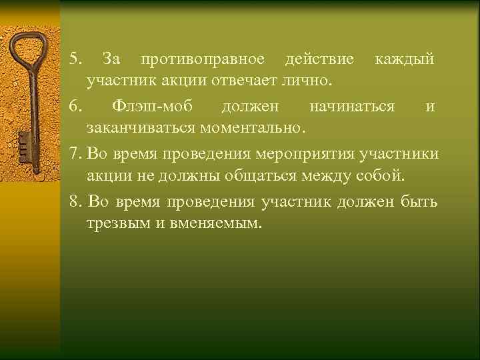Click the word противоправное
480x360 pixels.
point(203,60)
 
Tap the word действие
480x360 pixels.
point(319,60)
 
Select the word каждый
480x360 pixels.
point(405,60)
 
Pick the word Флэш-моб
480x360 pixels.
point(147,106)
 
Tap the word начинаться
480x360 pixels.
point(351,106)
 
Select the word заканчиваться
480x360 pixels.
point(137,127)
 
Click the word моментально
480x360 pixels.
point(249,127)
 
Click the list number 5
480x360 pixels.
point(74,60)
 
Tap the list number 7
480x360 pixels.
point(74,155)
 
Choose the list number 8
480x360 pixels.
point(74,201)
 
